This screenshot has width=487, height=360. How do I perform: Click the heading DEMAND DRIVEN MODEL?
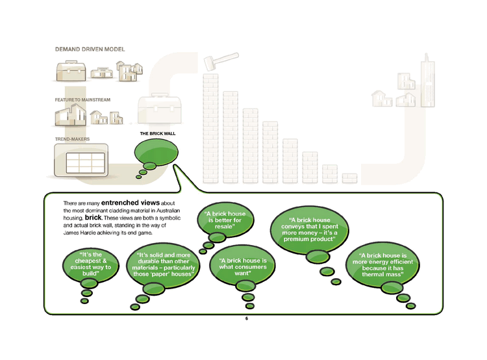[89, 49]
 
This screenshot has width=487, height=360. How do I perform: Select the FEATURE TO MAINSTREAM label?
[82, 99]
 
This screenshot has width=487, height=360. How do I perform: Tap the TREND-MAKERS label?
[72, 139]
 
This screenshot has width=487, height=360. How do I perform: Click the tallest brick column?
[212, 127]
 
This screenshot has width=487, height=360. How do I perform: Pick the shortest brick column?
[350, 177]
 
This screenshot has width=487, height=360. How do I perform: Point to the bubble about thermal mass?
[382, 265]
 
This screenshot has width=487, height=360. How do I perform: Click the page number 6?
[247, 319]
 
